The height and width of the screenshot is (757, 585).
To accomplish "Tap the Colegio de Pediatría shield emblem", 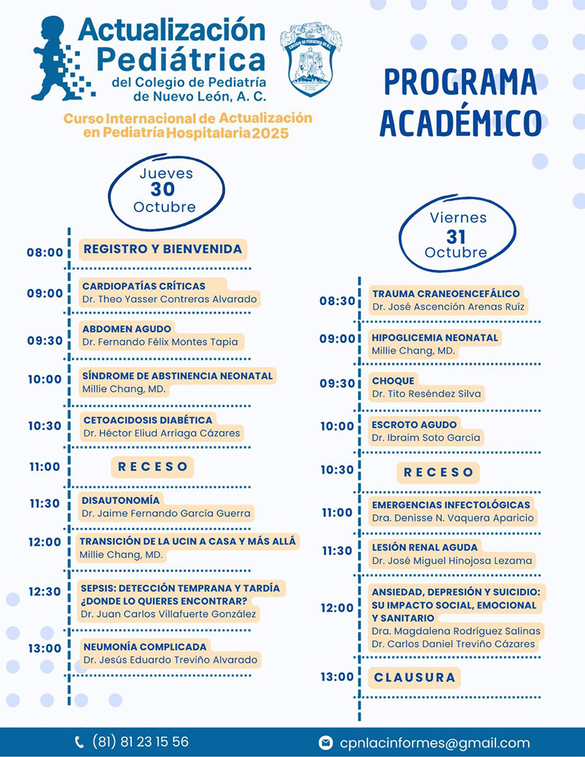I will coord(310,59).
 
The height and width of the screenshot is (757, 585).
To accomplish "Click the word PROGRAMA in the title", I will coord(460,83).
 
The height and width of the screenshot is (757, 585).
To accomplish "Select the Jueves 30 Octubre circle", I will coord(167,190).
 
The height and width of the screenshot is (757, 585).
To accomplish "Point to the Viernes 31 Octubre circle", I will coord(457,235).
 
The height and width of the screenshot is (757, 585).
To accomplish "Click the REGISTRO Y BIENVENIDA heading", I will coord(163,249).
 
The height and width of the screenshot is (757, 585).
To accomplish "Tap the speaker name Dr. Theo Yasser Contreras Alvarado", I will coord(170,299).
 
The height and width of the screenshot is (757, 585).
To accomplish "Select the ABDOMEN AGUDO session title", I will coord(127,329).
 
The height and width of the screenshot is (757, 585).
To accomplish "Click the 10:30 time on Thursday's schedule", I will coord(45,426).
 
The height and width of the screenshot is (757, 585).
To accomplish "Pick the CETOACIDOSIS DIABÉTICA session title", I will coord(148,420).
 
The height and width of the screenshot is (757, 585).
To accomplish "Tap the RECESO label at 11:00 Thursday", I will coord(153,467).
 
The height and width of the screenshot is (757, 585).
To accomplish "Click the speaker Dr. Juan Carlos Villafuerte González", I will coord(168,614).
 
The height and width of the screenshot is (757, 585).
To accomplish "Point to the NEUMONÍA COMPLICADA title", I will coord(145,647).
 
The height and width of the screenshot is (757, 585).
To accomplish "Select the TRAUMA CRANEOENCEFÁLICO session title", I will coord(446,294).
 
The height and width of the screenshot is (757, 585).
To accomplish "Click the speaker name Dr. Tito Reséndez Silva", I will coord(426,394).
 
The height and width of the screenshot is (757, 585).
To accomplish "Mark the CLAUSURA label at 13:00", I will coord(415,678).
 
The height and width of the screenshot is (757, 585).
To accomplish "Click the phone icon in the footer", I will coord(79,742).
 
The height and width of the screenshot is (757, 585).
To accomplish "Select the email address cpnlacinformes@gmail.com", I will coord(434,743).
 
